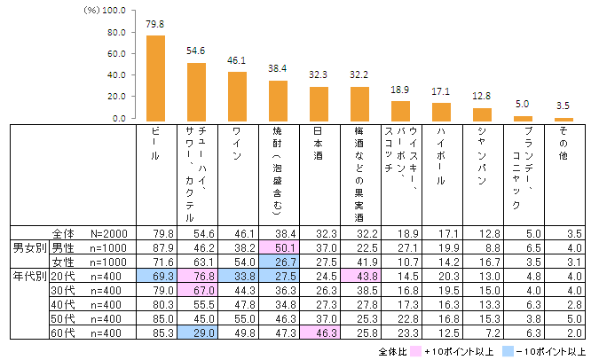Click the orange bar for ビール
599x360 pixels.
[155, 78]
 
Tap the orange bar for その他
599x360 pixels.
[564, 119]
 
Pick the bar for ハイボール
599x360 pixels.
[441, 112]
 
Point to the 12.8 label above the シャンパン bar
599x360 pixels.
[482, 96]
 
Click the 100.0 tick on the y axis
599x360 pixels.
[114, 12]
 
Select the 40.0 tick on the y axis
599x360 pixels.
[114, 75]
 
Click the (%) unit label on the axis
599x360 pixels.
[91, 12]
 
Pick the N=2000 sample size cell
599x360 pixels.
[112, 232]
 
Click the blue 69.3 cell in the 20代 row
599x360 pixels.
[155, 278]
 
